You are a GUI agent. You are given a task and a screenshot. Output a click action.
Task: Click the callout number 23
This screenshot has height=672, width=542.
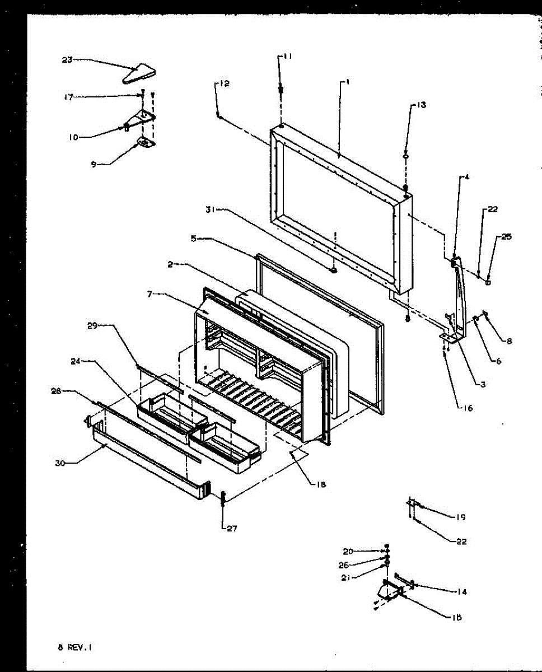67,60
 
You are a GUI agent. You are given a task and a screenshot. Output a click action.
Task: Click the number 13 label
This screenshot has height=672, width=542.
420,105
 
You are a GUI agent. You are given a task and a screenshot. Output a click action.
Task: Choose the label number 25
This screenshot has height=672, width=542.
506,237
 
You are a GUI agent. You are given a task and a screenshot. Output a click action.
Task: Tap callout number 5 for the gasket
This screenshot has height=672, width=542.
193,238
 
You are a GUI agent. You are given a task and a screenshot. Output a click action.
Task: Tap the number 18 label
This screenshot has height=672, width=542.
320,484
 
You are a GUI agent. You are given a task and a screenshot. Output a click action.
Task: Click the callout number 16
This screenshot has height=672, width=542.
468,408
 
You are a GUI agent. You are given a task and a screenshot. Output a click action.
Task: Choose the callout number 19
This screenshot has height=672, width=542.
460,517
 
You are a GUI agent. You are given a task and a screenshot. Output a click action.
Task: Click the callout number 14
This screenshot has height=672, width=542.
462,592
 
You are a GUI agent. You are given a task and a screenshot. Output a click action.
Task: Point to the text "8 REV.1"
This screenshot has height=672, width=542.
74,647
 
